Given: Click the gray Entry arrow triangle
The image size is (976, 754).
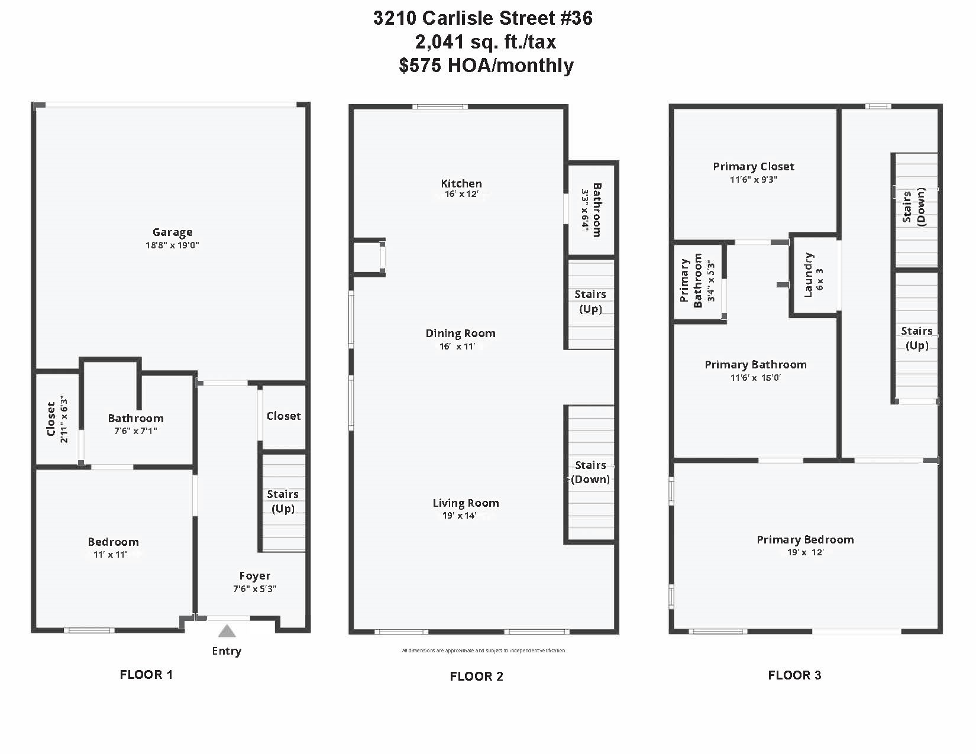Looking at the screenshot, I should [227, 631].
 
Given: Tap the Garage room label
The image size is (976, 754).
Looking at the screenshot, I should [172, 232].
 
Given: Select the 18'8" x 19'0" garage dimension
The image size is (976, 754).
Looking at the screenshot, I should [172, 245].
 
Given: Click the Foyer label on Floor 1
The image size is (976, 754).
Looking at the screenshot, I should [255, 575].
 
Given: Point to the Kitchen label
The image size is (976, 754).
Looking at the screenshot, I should [461, 183].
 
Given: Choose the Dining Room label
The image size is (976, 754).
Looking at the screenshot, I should [461, 333].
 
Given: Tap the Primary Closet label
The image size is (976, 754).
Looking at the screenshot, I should [754, 167].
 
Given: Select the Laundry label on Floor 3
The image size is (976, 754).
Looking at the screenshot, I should [809, 274].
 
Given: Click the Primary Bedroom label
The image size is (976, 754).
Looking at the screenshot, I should [805, 539].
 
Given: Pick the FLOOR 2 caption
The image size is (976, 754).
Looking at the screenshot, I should [476, 677].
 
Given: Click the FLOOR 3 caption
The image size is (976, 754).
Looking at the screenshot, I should [794, 675].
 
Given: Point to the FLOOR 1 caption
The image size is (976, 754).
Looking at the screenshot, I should [146, 675].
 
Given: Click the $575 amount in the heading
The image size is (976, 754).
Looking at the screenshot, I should [420, 65].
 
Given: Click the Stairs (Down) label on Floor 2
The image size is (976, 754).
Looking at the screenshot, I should [590, 472].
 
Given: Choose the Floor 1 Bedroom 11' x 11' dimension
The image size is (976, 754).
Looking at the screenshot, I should [110, 555].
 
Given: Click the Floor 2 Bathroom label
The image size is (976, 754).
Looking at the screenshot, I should [597, 210].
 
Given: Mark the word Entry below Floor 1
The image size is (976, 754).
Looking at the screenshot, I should [227, 651].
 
